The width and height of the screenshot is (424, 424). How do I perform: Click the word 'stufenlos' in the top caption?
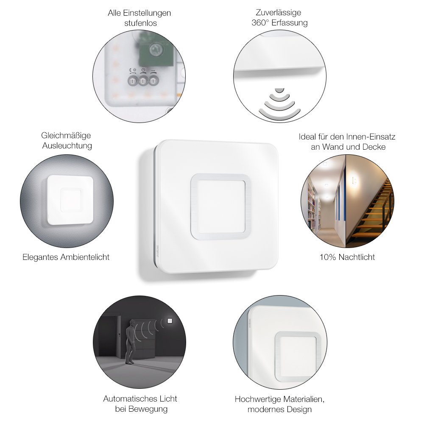tap(140, 23)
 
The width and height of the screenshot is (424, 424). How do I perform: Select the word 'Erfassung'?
tap(290, 23)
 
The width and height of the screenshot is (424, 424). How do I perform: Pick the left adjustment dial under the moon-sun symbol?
tap(132, 81)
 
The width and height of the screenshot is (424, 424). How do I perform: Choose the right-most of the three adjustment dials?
tap(153, 81)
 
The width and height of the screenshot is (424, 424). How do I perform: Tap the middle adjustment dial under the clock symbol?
tap(143, 81)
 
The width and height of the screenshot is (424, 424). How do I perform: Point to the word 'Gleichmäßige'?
tap(66, 136)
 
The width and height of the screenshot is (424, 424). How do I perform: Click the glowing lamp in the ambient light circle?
tap(70, 200)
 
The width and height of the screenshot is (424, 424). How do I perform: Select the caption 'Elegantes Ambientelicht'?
tap(66, 257)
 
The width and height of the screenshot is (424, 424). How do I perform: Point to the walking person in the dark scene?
tap(130, 341)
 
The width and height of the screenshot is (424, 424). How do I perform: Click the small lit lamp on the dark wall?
tap(170, 321)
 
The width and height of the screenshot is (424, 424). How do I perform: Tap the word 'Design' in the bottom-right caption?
tap(299, 410)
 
